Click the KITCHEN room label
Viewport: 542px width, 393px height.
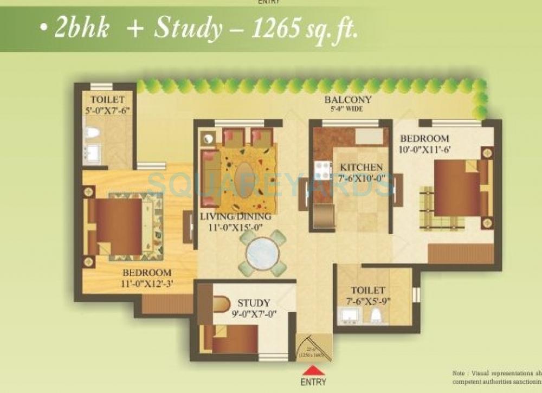point(361,167)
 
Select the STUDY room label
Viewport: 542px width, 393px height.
point(253,303)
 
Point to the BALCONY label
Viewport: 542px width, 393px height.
point(347,100)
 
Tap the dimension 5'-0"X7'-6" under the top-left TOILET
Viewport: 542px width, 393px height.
point(107,109)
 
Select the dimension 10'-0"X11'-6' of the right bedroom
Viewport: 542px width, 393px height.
point(424,149)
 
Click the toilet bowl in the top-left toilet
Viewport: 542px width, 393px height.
point(91,133)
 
